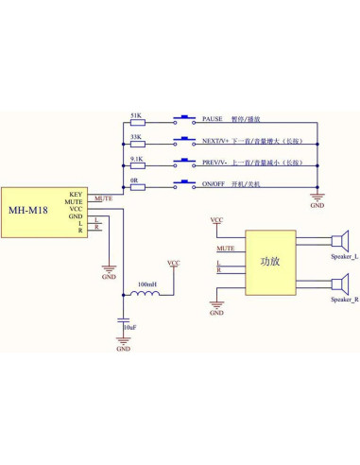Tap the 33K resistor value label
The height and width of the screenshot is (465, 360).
pyautogui.click(x=136, y=136)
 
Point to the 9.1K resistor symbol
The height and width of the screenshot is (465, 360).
pyautogui.click(x=138, y=164)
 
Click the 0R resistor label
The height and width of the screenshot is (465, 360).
pyautogui.click(x=136, y=179)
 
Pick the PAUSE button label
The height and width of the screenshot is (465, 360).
pyautogui.click(x=213, y=120)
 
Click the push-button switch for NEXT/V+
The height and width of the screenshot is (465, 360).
pyautogui.click(x=185, y=142)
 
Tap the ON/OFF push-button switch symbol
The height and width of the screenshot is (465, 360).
pyautogui.click(x=185, y=184)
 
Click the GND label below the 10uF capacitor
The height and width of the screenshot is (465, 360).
pyautogui.click(x=123, y=350)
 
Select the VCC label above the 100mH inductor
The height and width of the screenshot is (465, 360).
pyautogui.click(x=173, y=262)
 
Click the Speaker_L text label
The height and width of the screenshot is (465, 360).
pyautogui.click(x=344, y=257)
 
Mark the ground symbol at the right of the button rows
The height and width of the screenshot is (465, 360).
pyautogui.click(x=317, y=196)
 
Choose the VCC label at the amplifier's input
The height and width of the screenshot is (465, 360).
pyautogui.click(x=217, y=219)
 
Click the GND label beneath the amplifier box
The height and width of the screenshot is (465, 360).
pyautogui.click(x=217, y=312)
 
